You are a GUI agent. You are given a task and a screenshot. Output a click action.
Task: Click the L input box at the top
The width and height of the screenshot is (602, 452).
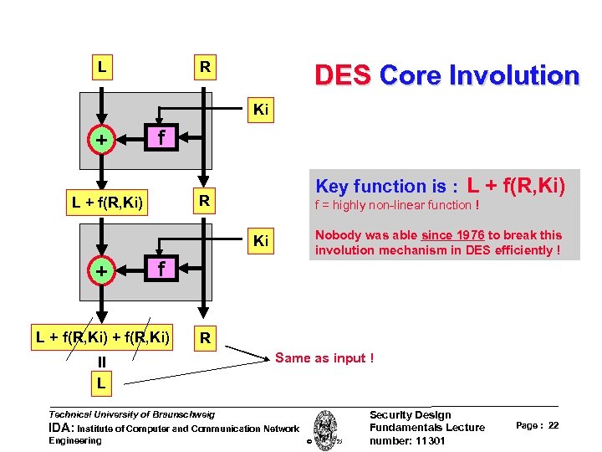point(102,66)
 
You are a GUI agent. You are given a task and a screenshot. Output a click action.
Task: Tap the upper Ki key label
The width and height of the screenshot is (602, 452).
point(261,109)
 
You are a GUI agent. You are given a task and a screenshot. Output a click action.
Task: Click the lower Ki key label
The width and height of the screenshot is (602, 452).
point(261,242)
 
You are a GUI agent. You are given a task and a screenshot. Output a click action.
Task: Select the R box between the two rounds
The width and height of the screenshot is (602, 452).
point(204,202)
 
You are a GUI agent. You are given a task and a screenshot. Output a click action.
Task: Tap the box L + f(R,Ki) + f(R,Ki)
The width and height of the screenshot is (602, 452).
point(103,337)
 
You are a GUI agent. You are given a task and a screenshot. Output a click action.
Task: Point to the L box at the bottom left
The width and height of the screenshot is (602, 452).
point(101,383)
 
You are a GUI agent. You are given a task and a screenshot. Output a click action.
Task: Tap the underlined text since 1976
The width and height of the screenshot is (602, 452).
point(453,235)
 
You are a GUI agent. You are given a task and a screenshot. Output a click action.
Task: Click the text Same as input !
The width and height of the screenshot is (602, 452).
point(324,358)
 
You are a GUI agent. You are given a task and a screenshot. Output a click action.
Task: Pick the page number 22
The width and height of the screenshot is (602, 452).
point(554,426)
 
